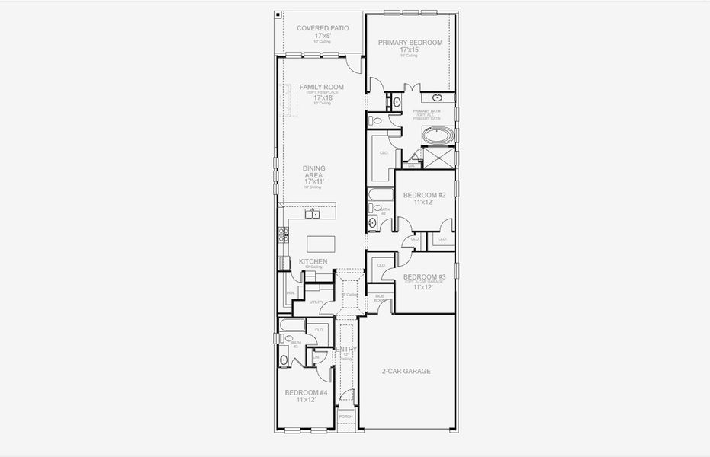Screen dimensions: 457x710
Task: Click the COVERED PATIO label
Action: pyautogui.click(x=323, y=28)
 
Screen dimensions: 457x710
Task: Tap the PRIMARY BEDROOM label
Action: pyautogui.click(x=410, y=43)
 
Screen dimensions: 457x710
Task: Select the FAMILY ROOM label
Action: pyautogui.click(x=321, y=88)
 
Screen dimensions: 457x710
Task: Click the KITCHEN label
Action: pyautogui.click(x=313, y=261)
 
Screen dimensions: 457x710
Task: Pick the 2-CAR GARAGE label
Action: pyautogui.click(x=406, y=371)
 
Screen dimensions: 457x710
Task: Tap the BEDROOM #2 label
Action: pyautogui.click(x=425, y=195)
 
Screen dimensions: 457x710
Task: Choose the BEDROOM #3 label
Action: pyautogui.click(x=425, y=276)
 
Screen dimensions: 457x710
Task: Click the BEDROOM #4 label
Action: pyautogui.click(x=306, y=392)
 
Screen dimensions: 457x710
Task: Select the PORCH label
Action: pyautogui.click(x=346, y=417)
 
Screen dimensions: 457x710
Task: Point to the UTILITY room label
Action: pyautogui.click(x=316, y=302)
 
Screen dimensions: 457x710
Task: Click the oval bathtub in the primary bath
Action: pyautogui.click(x=437, y=137)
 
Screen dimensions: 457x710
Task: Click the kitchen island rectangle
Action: pyautogui.click(x=320, y=244)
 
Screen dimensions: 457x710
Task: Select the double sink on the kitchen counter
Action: pyautogui.click(x=313, y=214)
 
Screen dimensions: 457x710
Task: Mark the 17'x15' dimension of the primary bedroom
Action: pyautogui.click(x=410, y=50)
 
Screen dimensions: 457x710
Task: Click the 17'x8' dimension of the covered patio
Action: pyautogui.click(x=323, y=36)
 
